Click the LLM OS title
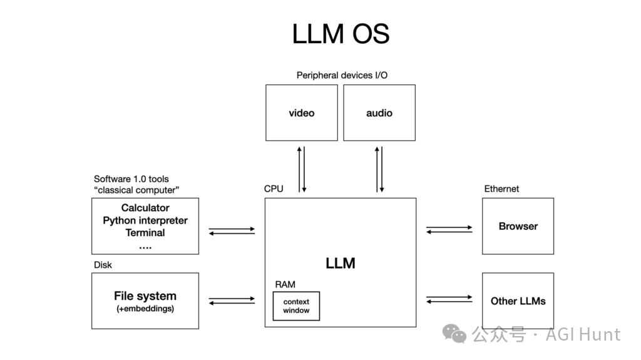[341, 34]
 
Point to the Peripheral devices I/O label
[342, 75]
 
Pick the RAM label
[285, 284]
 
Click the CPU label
[274, 188]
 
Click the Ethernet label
[501, 188]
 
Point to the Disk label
[103, 265]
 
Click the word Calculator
[145, 208]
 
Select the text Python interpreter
[145, 220]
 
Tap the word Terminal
[145, 233]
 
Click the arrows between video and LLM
[302, 170]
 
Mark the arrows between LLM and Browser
[449, 230]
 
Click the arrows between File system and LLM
[232, 301]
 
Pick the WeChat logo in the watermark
[454, 334]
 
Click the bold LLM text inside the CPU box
[341, 263]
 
